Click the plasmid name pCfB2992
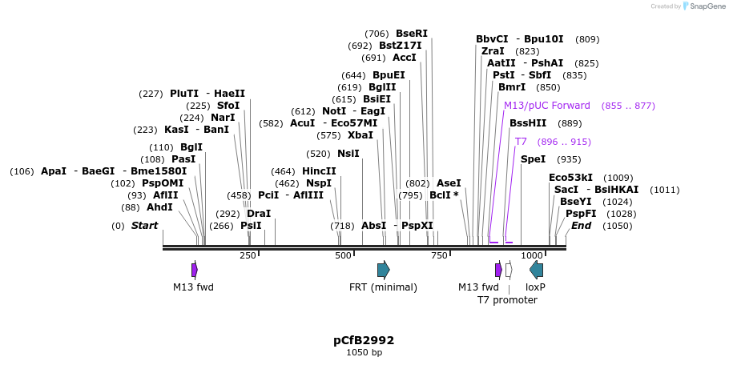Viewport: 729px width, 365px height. coord(364,340)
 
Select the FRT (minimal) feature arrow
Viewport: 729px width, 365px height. coord(383,270)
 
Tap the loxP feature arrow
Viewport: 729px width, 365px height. coord(537,270)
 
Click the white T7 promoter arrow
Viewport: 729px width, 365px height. coord(509,270)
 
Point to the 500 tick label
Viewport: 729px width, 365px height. coord(344,255)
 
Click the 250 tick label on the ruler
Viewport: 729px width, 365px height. coord(248,255)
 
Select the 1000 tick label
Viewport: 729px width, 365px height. coord(532,255)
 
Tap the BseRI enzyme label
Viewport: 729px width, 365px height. coord(412,34)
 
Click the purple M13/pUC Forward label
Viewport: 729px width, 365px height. coord(547,106)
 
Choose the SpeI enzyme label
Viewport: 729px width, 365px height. coord(533,159)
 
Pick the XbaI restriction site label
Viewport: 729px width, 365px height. coord(360,135)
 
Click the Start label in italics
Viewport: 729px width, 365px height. coord(144,226)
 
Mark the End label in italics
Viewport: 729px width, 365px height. coord(581,226)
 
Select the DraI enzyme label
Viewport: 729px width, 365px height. coord(259,214)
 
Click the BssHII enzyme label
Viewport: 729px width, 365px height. coord(528,123)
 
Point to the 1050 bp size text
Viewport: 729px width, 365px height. coord(364,353)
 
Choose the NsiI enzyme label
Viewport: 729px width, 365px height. coord(348,154)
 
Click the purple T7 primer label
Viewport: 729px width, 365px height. coord(521,142)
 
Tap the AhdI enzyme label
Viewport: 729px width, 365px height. coord(159,207)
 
